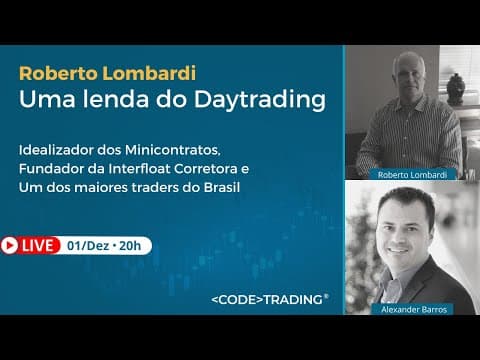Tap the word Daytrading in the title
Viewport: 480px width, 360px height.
[260, 99]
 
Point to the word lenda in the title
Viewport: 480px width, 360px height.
[115, 99]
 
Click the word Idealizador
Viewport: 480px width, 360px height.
[56, 150]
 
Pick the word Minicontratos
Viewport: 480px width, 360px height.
[173, 150]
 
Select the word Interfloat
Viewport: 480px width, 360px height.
[139, 169]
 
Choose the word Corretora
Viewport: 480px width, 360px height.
[205, 169]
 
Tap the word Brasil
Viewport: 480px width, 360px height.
[222, 187]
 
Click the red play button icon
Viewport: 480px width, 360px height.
[9, 246]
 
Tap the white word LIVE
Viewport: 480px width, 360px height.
[38, 246]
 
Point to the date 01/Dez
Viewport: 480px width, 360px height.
[88, 246]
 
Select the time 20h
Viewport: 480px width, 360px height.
[130, 246]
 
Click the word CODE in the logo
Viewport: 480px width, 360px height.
[237, 299]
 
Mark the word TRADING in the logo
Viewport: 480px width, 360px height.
[293, 299]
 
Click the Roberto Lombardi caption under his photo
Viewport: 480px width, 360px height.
[412, 175]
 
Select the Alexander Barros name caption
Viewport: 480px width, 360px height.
[414, 309]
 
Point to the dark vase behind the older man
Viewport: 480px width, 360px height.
[456, 89]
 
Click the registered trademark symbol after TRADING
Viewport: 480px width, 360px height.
[326, 296]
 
